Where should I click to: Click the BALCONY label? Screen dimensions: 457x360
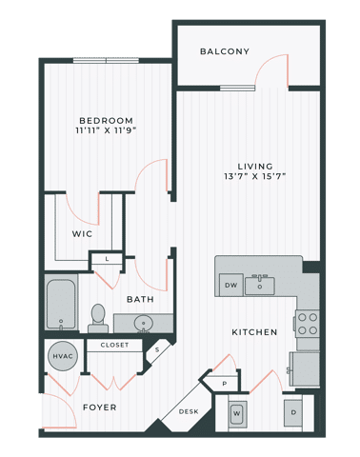click(x=225, y=51)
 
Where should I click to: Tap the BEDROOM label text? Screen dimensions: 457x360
click(x=107, y=121)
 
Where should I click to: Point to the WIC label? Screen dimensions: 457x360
click(x=82, y=233)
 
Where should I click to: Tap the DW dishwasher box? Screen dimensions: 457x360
click(x=230, y=285)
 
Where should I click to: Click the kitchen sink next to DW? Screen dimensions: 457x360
click(x=259, y=285)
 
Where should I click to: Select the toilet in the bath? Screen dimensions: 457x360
click(x=97, y=316)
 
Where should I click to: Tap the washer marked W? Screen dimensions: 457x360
click(x=237, y=413)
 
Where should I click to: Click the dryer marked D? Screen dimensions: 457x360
click(x=292, y=412)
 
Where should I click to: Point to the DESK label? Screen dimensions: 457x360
click(x=188, y=412)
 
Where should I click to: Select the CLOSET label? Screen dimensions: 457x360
click(x=114, y=345)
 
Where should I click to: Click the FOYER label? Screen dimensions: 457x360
click(x=100, y=407)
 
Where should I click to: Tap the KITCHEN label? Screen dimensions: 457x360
click(x=253, y=332)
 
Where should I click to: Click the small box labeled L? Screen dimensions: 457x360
click(x=107, y=258)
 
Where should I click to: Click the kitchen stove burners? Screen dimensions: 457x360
click(x=308, y=325)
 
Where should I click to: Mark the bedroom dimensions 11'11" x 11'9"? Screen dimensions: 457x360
click(x=107, y=133)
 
